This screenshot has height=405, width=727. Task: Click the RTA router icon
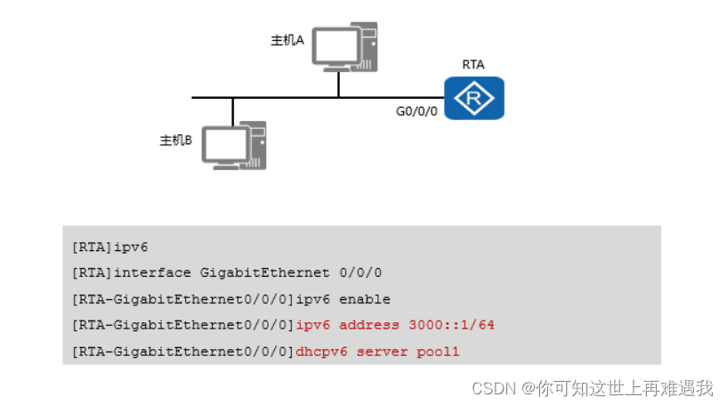tap(474, 98)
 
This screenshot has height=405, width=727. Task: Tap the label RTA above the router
tap(473, 64)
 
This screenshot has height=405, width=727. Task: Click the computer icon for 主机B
tap(233, 146)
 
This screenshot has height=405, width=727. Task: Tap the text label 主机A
tap(287, 40)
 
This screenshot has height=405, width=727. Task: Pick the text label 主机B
tap(175, 140)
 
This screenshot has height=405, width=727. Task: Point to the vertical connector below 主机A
tap(338, 84)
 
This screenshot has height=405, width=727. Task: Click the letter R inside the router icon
tap(474, 98)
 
